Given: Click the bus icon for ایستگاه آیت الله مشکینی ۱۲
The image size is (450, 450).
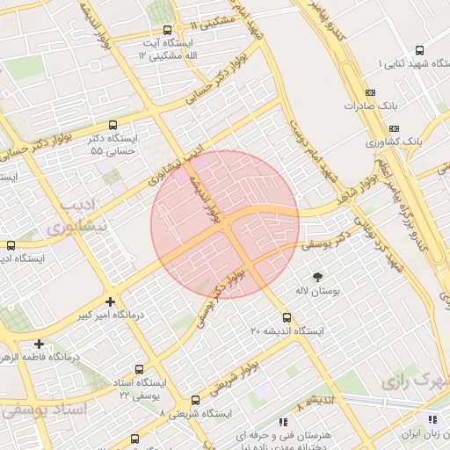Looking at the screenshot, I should point(167,31).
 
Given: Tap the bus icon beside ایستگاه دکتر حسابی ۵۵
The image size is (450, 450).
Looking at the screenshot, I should point(112,126).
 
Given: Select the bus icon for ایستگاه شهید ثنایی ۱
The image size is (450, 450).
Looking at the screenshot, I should point(418,50).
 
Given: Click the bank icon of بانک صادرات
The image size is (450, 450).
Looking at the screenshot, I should point(369,92).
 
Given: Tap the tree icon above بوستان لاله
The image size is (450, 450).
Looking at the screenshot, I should point(305,277).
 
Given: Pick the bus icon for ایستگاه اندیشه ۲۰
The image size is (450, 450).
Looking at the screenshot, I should point(287,317).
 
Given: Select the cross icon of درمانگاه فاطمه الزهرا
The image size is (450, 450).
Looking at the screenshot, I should point(39,344).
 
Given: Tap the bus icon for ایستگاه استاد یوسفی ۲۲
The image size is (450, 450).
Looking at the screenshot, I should point(139,370).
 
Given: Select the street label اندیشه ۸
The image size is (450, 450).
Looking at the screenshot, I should point(315,403).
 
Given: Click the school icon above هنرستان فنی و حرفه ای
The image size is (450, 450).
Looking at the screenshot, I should point(283,421).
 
